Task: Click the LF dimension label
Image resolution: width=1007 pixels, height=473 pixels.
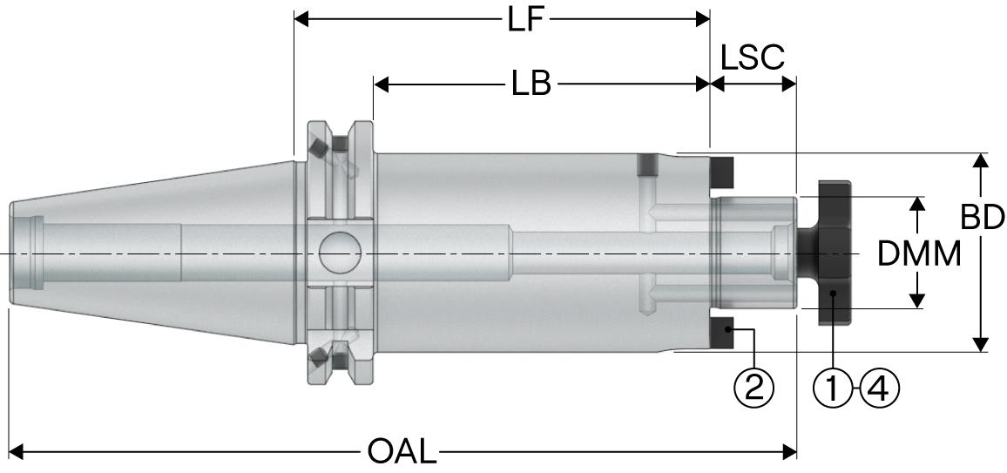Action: point(526,19)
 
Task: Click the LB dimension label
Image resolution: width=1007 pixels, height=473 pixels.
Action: point(531,84)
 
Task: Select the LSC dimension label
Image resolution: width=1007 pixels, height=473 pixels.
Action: point(753,57)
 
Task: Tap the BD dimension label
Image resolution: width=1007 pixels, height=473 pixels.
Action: point(983,218)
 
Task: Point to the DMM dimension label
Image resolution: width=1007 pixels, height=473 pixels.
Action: point(919,253)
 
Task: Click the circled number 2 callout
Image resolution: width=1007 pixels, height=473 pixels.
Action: point(754,386)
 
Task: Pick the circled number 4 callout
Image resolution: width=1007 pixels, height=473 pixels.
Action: point(878,386)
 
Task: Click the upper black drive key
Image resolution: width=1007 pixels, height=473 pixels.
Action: point(721,173)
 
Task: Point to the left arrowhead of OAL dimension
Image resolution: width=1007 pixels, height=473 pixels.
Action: point(15,452)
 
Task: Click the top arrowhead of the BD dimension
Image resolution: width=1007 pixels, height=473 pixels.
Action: point(982,160)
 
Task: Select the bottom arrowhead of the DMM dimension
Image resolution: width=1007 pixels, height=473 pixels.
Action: point(916,301)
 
